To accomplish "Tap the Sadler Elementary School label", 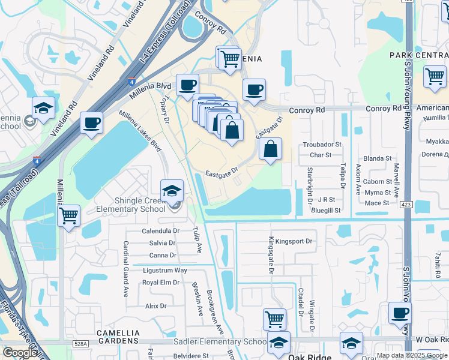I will (220, 341).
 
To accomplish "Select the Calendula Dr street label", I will (161, 231).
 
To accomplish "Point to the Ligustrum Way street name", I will (165, 270).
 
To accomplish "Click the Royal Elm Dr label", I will (160, 282).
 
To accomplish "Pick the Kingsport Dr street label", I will (291, 241).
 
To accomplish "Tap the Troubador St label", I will (322, 145).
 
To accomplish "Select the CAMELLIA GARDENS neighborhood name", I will (119, 337).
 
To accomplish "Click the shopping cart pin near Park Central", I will (435, 76).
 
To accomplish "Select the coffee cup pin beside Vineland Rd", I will (91, 122).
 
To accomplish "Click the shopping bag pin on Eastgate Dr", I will (271, 148).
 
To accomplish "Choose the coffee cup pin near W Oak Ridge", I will (400, 313).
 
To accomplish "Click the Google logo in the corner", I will (19, 352).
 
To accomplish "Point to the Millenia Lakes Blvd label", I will (140, 131).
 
